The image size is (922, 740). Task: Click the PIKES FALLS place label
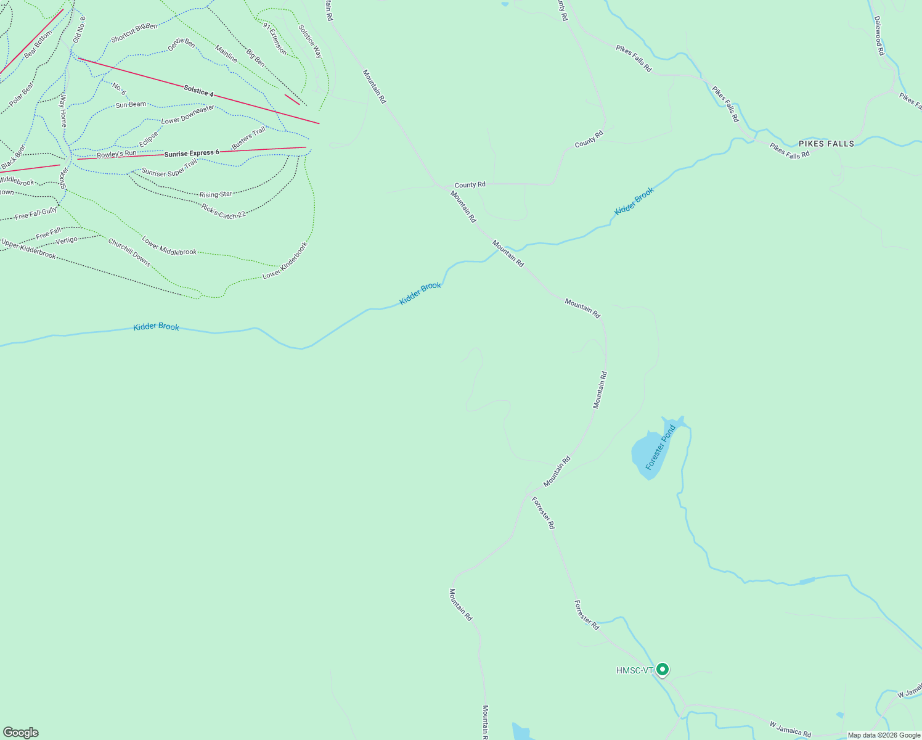tap(826, 144)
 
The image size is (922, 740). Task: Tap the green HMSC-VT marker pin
tap(663, 669)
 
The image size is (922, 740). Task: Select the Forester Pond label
tap(661, 448)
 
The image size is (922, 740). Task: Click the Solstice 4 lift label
tap(198, 91)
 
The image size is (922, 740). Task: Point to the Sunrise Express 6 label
tap(192, 153)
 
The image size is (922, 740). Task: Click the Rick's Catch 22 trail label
tap(223, 211)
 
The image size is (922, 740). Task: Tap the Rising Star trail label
tap(216, 195)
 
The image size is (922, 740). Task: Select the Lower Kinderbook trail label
tap(285, 261)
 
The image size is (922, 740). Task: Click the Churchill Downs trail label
tap(129, 252)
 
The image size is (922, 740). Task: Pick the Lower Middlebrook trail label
tap(169, 245)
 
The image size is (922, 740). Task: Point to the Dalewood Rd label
tap(879, 35)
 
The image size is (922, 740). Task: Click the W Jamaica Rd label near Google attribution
tap(790, 728)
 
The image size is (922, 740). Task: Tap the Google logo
tap(20, 733)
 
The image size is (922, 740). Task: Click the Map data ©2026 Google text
tap(884, 735)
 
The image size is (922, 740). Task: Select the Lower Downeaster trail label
tap(187, 114)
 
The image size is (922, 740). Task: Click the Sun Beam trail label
tap(131, 105)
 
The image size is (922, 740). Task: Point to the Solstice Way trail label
tap(310, 41)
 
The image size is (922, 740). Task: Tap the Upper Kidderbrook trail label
tap(28, 249)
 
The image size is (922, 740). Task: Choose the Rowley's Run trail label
tap(116, 154)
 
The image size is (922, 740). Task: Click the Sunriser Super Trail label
tap(169, 168)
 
